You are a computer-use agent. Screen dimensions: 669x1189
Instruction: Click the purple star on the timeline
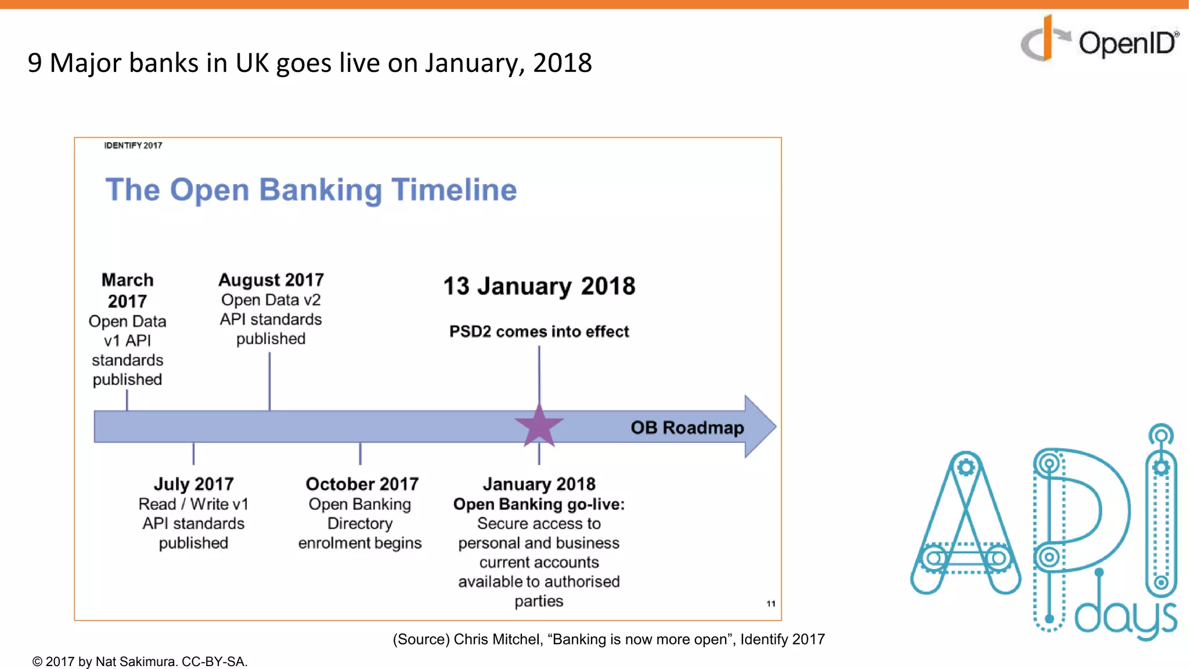click(x=539, y=426)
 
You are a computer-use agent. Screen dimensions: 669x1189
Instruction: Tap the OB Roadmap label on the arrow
click(x=687, y=428)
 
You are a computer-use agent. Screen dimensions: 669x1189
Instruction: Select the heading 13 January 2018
click(x=539, y=286)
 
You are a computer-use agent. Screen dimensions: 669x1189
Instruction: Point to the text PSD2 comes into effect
click(x=539, y=332)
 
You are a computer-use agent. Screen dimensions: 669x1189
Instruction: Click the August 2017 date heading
click(x=271, y=280)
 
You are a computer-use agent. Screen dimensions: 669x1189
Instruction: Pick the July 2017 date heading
click(x=193, y=484)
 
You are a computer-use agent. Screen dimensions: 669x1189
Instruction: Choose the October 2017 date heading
click(x=362, y=484)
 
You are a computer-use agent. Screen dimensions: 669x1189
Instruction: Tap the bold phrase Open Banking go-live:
click(x=539, y=504)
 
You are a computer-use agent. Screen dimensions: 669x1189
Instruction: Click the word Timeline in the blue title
click(x=454, y=190)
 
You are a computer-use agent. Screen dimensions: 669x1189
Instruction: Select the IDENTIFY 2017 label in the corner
click(x=133, y=145)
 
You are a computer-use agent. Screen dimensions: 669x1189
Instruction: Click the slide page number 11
click(x=770, y=603)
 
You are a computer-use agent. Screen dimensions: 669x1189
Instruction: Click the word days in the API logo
click(x=1125, y=618)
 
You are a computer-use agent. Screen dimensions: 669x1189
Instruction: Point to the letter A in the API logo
click(x=965, y=523)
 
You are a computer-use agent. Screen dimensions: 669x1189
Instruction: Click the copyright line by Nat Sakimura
click(x=140, y=661)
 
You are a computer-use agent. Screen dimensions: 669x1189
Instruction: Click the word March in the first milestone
click(x=128, y=280)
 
